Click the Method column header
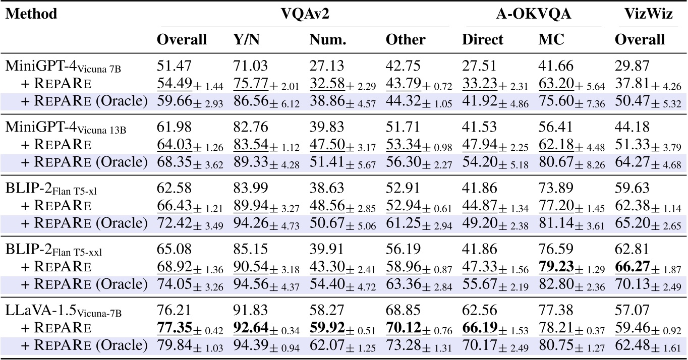click(x=31, y=14)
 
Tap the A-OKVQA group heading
click(x=534, y=14)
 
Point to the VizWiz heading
click(x=648, y=14)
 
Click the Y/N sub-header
click(x=246, y=39)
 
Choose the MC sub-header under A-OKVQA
click(x=549, y=39)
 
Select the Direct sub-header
click(x=483, y=39)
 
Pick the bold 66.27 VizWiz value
click(x=633, y=267)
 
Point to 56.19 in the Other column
click(x=402, y=252)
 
